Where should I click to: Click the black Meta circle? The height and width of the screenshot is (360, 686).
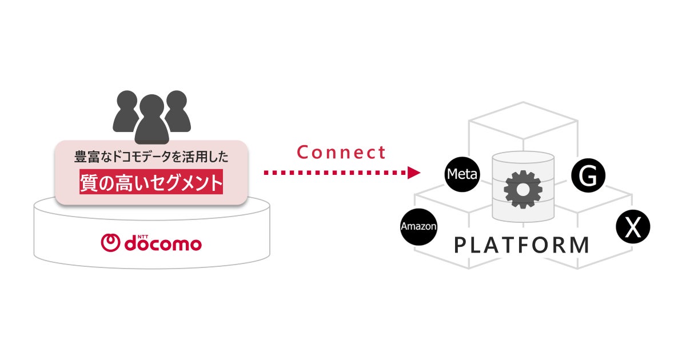point(462,174)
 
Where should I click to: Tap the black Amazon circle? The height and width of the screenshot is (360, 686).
point(418,226)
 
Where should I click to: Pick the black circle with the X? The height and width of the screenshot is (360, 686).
point(633,228)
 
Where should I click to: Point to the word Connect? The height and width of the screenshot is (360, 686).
point(341,153)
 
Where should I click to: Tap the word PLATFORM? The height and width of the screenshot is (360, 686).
point(521,245)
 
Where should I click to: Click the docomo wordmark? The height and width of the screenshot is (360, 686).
point(162,244)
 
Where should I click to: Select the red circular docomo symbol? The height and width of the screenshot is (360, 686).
point(110,243)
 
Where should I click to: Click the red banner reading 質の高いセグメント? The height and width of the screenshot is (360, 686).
point(151,183)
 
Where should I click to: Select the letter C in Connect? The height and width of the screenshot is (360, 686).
point(302,153)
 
